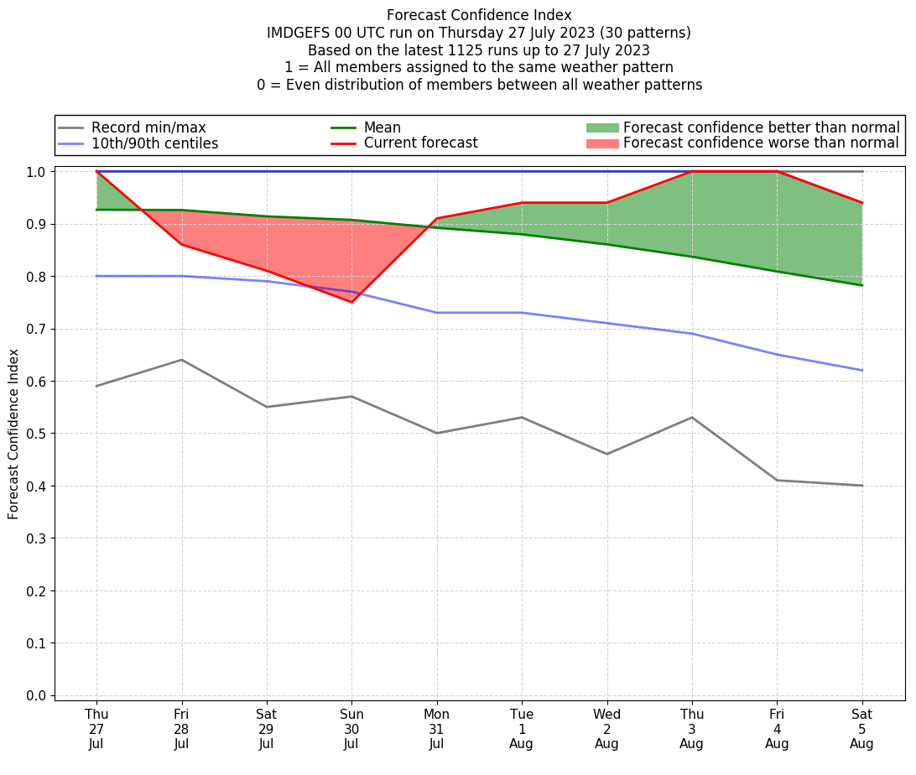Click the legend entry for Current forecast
[x=420, y=143]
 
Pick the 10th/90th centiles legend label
[x=154, y=143]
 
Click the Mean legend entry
[x=382, y=127]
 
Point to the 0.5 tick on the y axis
[x=37, y=434]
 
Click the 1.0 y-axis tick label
[x=37, y=172]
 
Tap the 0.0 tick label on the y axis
[x=37, y=696]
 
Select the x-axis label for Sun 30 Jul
[x=351, y=729]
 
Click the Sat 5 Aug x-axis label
[x=861, y=729]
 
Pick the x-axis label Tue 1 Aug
[x=522, y=729]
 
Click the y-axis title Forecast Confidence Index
[x=13, y=434]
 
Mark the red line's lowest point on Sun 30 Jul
[x=351, y=302]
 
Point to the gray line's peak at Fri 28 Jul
[x=181, y=360]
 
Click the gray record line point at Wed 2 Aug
[x=606, y=454]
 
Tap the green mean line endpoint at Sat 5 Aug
[x=861, y=285]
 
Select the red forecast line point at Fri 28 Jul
[x=181, y=244]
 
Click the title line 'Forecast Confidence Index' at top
[x=479, y=15]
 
